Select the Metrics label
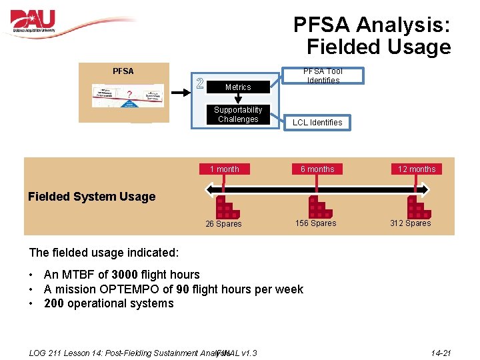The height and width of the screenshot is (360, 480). (238, 87)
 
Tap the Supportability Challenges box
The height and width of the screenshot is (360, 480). (238, 115)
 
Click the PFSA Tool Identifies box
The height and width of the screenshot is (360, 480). (323, 75)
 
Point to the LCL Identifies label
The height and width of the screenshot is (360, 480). (317, 122)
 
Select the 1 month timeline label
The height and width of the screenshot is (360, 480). (224, 169)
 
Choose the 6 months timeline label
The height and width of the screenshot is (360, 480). (317, 169)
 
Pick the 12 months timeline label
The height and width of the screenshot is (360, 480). (416, 169)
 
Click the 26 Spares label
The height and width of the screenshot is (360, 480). (223, 224)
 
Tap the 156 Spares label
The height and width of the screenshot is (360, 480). (316, 223)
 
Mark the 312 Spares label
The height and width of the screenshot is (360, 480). (410, 223)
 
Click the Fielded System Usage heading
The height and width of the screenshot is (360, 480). (91, 197)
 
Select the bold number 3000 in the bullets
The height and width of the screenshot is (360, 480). (125, 275)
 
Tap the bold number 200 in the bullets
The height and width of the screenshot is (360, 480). (55, 304)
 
